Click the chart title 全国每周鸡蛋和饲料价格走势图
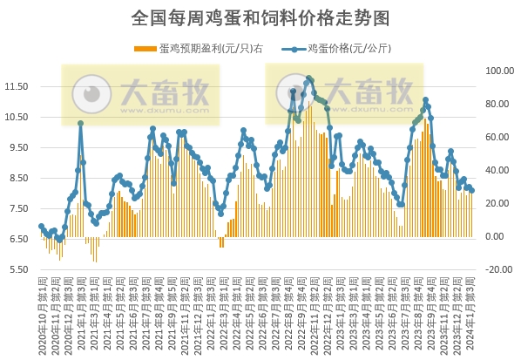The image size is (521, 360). pyautogui.click(x=260, y=17)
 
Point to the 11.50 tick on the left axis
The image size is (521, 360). pyautogui.click(x=17, y=86)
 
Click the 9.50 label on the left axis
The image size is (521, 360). pyautogui.click(x=17, y=147)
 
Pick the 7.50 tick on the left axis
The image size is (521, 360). pyautogui.click(x=17, y=208)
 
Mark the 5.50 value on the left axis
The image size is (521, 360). pyautogui.click(x=17, y=269)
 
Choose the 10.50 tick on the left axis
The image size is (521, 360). pyautogui.click(x=17, y=117)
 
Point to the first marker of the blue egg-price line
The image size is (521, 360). pyautogui.click(x=40, y=226)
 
